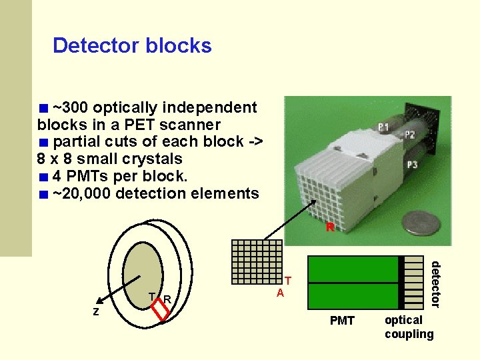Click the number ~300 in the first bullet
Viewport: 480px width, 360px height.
click(71, 107)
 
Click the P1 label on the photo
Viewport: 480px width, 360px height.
click(384, 127)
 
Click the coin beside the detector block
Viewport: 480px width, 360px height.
click(418, 223)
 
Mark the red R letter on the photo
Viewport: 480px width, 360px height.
click(329, 227)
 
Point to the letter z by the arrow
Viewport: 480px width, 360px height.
click(96, 311)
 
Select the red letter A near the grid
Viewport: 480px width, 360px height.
click(281, 293)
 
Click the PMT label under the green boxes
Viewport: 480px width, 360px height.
click(343, 321)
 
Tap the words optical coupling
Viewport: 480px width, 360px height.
click(409, 327)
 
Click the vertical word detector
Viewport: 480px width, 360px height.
click(435, 284)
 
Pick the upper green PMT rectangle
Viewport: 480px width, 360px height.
click(351, 269)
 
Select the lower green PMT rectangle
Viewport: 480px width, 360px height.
click(351, 296)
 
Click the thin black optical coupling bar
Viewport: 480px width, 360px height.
click(401, 283)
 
